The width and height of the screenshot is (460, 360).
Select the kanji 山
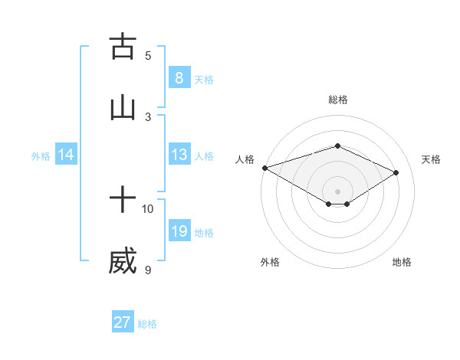click(x=123, y=107)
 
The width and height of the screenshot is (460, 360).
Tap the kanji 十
click(x=123, y=201)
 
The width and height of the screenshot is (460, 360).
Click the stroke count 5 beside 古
click(x=148, y=55)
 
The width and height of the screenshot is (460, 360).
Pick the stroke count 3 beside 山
click(x=148, y=116)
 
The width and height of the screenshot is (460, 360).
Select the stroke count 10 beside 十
click(x=148, y=208)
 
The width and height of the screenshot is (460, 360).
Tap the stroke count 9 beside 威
click(x=148, y=270)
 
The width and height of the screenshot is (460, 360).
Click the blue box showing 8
click(x=179, y=78)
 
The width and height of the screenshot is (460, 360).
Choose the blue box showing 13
click(x=179, y=155)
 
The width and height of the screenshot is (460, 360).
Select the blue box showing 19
click(x=179, y=231)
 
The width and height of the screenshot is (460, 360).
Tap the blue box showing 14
click(x=66, y=155)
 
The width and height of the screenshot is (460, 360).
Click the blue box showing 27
click(x=123, y=322)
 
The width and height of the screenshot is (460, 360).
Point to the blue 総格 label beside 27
click(x=147, y=324)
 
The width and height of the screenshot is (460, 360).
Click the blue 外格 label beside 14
click(x=41, y=155)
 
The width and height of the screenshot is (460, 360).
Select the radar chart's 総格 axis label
click(x=337, y=100)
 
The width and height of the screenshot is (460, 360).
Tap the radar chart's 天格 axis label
click(x=432, y=159)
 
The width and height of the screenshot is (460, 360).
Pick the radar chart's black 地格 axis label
click(x=402, y=262)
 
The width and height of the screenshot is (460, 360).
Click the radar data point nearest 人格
click(x=264, y=168)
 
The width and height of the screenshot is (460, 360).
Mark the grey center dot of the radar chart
click(x=337, y=191)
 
